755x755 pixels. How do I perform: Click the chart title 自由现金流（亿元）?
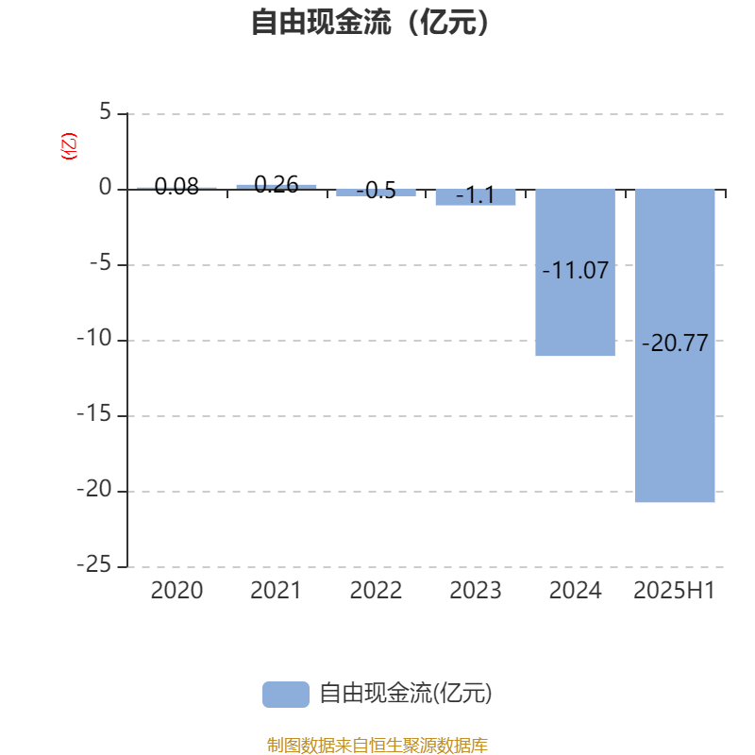[x=370, y=22]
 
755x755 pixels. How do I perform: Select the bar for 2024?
[x=575, y=273]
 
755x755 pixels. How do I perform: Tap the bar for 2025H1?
[x=675, y=345]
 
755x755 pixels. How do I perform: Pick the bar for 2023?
[x=476, y=197]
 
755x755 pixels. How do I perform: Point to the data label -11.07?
[x=576, y=271]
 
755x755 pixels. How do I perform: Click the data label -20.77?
[x=675, y=344]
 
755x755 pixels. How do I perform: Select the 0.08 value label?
[x=176, y=186]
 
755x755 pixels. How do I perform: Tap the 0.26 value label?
[x=277, y=184]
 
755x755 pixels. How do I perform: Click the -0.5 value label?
[x=376, y=191]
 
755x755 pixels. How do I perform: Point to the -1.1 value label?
[x=476, y=195]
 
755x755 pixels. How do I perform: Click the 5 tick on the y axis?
[x=106, y=112]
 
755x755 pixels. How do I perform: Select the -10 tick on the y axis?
[x=94, y=339]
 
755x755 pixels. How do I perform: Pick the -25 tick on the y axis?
[x=94, y=564]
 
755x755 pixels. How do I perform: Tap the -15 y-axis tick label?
[x=94, y=414]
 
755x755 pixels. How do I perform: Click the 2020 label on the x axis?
[x=176, y=591]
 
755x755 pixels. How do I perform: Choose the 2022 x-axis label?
[x=376, y=591]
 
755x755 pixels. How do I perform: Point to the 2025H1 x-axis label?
[x=674, y=591]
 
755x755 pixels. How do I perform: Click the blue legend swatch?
[x=286, y=695]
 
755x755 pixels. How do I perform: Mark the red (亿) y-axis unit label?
[x=69, y=146]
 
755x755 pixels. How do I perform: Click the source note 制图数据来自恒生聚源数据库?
[x=377, y=745]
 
